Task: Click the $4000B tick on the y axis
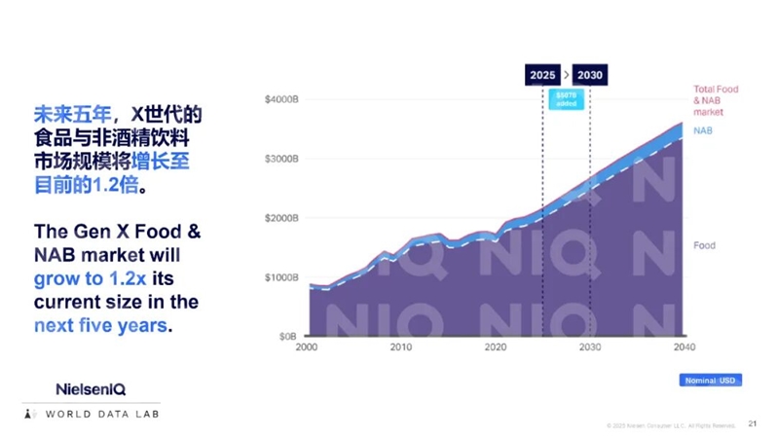click(281, 99)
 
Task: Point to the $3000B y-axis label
click(281, 159)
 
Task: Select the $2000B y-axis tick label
click(281, 218)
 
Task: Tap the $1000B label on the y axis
click(281, 277)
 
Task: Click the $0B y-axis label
click(286, 337)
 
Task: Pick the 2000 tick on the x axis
click(307, 347)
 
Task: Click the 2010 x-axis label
click(400, 347)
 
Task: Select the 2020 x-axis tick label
click(495, 347)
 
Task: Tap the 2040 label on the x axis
click(682, 347)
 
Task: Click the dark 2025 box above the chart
click(542, 75)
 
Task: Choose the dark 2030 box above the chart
click(590, 75)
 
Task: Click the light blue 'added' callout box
click(566, 98)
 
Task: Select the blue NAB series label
click(702, 129)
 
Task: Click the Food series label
click(704, 245)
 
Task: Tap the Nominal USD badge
click(710, 380)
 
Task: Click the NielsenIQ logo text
click(91, 389)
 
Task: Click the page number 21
click(752, 423)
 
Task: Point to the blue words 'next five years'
click(100, 326)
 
